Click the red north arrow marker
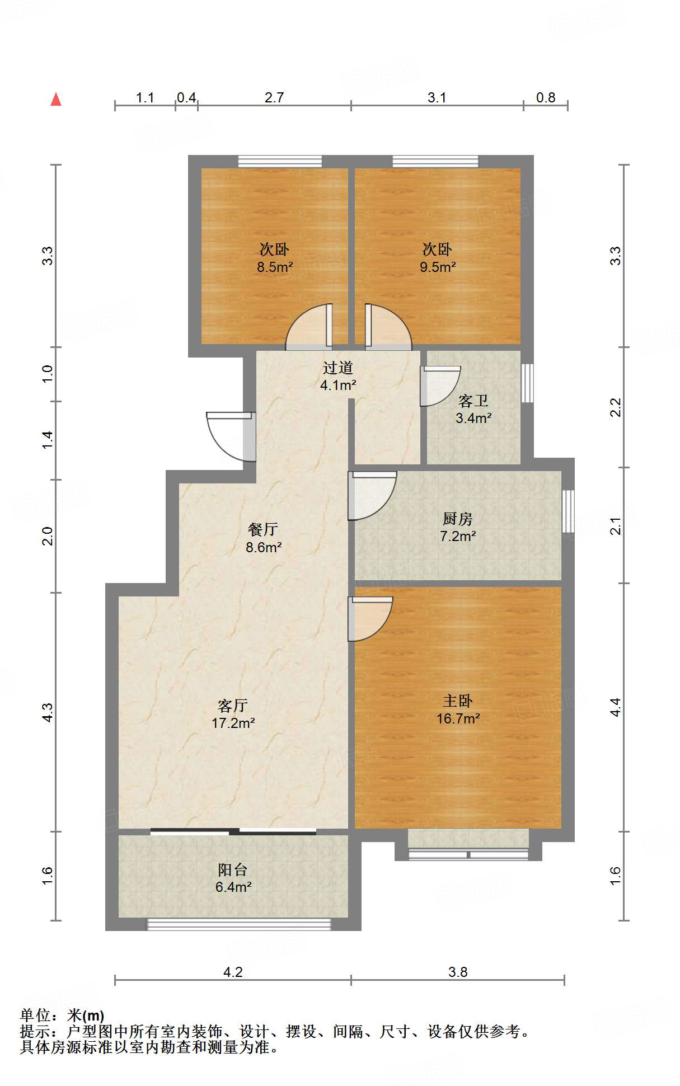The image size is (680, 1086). (x=56, y=100)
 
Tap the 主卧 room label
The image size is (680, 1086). (x=457, y=701)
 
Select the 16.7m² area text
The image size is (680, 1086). (x=458, y=719)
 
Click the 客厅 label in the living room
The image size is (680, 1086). (x=232, y=705)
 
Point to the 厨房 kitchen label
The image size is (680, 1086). (x=457, y=519)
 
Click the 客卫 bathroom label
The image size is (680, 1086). (x=473, y=401)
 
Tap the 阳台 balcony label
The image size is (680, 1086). (x=232, y=869)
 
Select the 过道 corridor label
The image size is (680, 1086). (x=337, y=368)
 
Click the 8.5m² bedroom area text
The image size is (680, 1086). (x=275, y=267)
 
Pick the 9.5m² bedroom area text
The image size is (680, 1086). (x=438, y=267)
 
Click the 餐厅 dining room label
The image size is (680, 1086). (x=262, y=529)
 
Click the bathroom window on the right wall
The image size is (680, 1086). (x=527, y=383)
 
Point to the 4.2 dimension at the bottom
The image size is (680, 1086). (x=233, y=972)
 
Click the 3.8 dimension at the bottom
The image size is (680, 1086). (x=457, y=972)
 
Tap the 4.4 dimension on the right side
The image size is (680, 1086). (x=615, y=707)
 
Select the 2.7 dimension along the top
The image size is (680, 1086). (x=274, y=97)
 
